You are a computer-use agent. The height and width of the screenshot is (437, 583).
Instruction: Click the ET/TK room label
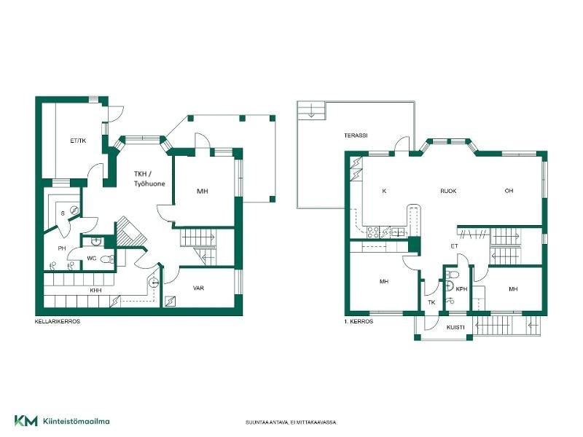click(x=78, y=141)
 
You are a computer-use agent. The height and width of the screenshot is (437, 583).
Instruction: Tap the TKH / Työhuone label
click(x=149, y=178)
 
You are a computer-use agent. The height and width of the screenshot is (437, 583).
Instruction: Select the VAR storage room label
click(x=198, y=288)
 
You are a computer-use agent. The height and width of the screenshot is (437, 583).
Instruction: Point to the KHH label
click(x=95, y=291)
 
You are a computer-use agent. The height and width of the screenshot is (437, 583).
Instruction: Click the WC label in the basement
click(x=92, y=259)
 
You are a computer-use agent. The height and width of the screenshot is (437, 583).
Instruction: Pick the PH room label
click(x=62, y=248)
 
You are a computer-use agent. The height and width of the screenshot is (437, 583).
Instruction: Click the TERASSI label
click(x=356, y=135)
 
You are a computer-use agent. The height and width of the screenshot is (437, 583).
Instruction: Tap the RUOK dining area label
click(x=448, y=191)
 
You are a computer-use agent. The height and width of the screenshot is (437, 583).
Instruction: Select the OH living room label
click(x=509, y=191)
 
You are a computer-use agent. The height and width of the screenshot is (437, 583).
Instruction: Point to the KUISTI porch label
click(x=455, y=327)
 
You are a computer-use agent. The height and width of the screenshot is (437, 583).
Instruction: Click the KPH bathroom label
click(x=461, y=289)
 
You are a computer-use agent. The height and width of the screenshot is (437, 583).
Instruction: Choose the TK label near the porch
click(x=431, y=302)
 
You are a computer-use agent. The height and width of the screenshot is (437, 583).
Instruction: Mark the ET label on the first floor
click(x=454, y=246)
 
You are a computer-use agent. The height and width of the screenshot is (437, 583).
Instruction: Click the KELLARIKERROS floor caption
click(x=58, y=321)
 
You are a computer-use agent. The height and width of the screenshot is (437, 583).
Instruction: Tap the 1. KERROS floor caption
click(x=359, y=321)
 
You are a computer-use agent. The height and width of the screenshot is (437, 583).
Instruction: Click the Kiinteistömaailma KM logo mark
click(x=26, y=421)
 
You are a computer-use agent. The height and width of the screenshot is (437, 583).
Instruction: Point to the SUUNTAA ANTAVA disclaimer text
click(x=291, y=422)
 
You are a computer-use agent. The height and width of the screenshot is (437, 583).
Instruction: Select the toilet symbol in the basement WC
click(x=106, y=259)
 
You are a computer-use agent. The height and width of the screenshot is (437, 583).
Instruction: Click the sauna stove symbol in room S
click(x=74, y=210)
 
